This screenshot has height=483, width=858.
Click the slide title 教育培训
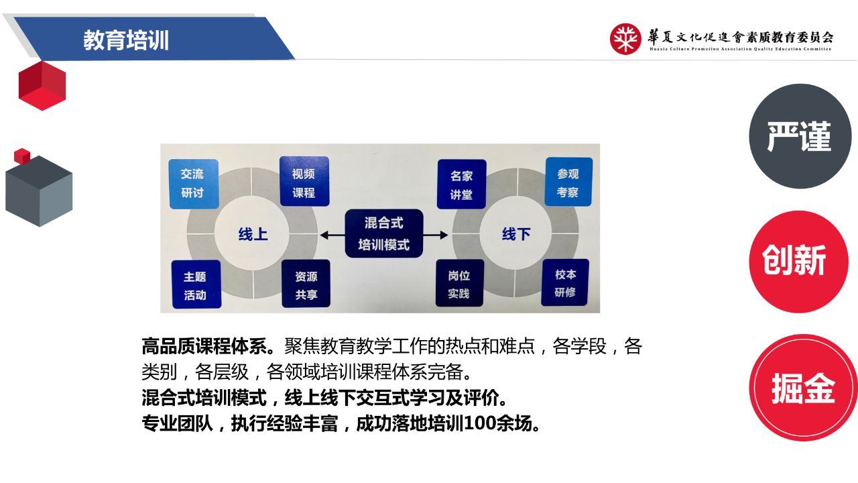(126, 40)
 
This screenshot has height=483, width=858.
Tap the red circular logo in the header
(625, 39)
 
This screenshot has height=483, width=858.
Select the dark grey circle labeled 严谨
(800, 136)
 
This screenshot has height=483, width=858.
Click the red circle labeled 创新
(798, 262)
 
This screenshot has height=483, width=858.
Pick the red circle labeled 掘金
(803, 388)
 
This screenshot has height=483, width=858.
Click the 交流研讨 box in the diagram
(194, 184)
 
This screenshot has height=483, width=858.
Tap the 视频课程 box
(304, 181)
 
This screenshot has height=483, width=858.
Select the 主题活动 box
(196, 284)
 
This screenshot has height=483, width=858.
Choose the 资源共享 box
(306, 284)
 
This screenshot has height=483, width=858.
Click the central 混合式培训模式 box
(384, 233)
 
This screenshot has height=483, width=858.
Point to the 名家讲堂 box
(462, 184)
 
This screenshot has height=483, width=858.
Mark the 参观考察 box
(568, 182)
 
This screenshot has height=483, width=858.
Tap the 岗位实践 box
(460, 283)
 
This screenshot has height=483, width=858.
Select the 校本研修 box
(565, 282)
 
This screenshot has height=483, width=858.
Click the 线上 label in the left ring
(253, 234)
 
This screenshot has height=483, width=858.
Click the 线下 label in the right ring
(516, 233)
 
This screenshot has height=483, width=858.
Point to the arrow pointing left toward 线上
(332, 235)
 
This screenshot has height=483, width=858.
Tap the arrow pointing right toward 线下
(436, 235)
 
